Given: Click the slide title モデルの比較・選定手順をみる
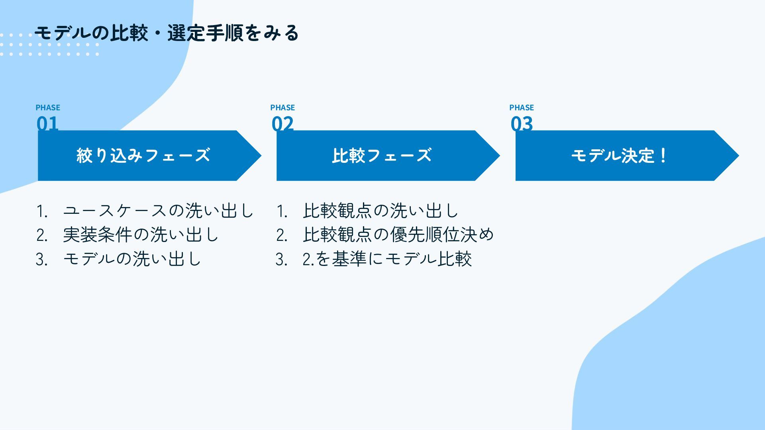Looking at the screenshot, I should (167, 33).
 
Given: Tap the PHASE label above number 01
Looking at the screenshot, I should (48, 107).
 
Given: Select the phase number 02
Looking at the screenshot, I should (282, 123).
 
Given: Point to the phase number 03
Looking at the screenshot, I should (522, 123).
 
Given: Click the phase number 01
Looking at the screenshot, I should (47, 123).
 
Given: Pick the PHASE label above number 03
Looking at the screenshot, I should (522, 107).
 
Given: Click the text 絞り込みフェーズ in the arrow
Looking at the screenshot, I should (143, 155).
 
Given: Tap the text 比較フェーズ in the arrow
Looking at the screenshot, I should (382, 155).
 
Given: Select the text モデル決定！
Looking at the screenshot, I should (619, 155).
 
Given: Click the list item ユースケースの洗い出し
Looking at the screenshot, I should (158, 211).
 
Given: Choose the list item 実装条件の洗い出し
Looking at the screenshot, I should (141, 235).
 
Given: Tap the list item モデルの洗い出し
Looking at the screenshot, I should (132, 259).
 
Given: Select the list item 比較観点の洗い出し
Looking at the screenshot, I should (381, 211).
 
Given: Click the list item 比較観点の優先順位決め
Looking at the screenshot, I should (398, 235).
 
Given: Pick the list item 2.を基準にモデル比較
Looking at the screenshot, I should (387, 259).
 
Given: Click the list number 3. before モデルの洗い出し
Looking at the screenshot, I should (42, 260).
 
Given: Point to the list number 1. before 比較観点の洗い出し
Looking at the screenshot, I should (282, 211).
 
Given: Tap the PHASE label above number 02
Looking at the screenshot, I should (282, 107).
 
